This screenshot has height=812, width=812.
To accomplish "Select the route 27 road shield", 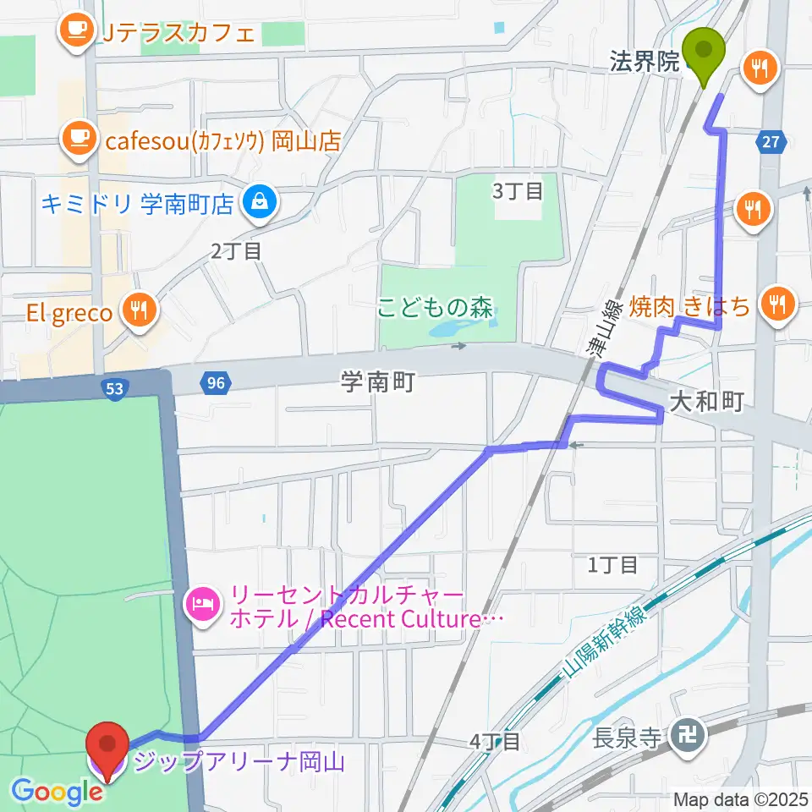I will [x=770, y=143].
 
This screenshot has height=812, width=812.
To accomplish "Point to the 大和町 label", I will [x=706, y=402].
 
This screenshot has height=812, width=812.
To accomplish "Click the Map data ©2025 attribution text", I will [x=741, y=798].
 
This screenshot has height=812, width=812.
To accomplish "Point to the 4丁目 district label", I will [x=495, y=742].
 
